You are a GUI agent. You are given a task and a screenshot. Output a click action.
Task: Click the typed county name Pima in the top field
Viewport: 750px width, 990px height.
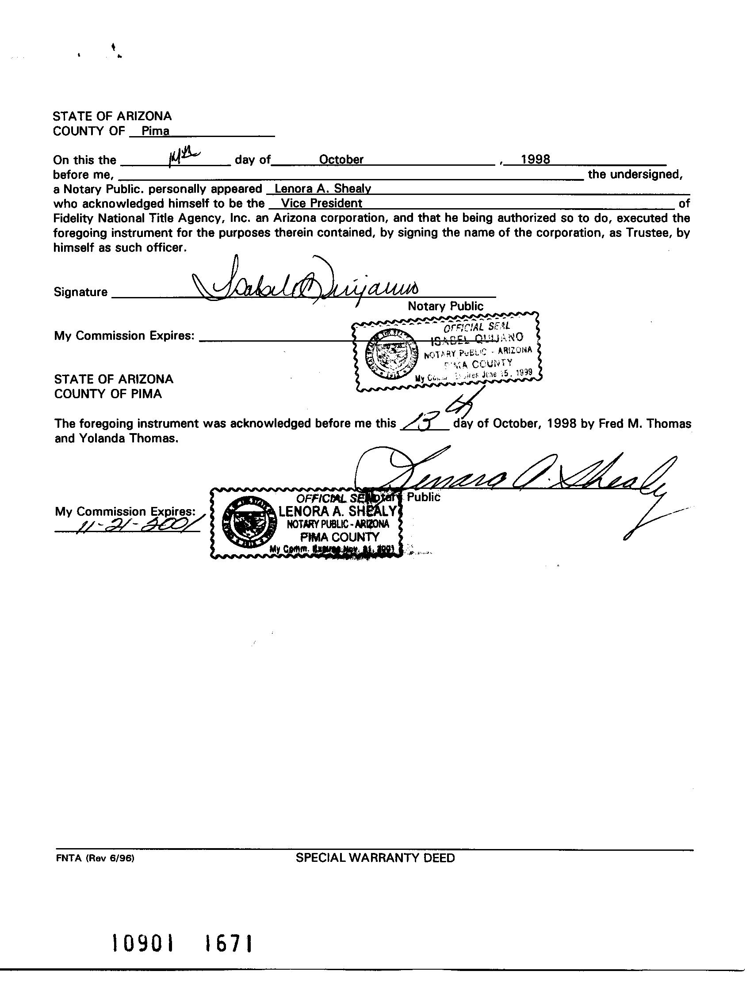[x=155, y=131]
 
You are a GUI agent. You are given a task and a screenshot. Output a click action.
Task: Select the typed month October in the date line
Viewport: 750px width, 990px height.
[x=341, y=160]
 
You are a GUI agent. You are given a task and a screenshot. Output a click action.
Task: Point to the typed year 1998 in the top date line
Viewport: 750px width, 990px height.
[x=536, y=160]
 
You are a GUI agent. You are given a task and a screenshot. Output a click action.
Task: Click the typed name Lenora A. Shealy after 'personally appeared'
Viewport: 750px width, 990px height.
[x=323, y=189]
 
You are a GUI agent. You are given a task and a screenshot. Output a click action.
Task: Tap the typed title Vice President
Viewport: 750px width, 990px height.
[x=321, y=204]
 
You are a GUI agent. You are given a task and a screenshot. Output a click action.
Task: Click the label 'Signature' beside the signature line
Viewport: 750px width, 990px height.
[x=80, y=292]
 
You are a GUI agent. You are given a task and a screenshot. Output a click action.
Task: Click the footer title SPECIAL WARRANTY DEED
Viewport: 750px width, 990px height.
[x=375, y=858]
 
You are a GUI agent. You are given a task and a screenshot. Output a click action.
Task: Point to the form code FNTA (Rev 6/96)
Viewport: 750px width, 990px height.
[x=96, y=858]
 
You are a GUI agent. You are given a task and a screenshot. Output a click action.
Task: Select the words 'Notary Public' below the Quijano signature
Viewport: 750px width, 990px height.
[x=445, y=306]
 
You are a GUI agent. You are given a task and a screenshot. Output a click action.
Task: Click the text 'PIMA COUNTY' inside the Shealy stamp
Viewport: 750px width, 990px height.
[x=340, y=537]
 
